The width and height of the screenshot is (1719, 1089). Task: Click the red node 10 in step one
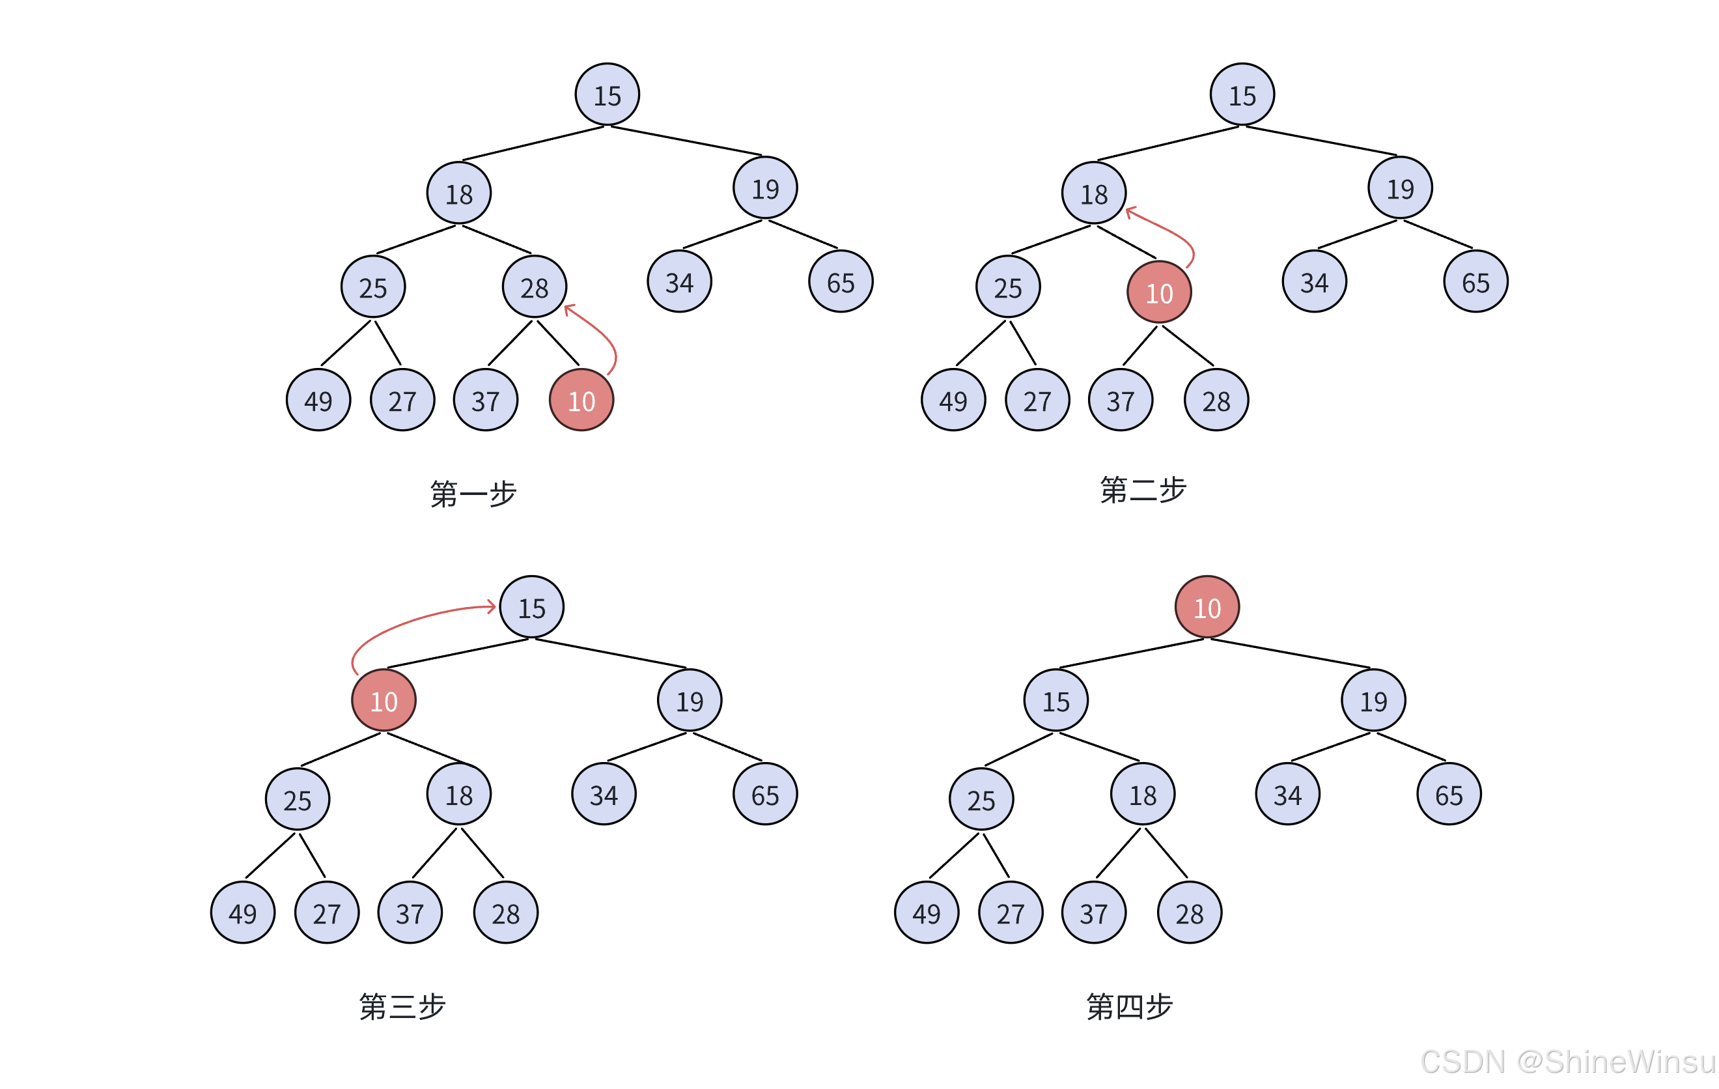coord(581,400)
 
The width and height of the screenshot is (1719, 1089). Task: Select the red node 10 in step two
coord(1158,292)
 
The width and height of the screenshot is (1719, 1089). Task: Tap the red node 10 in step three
coord(384,701)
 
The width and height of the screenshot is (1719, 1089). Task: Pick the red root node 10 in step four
coord(1207,607)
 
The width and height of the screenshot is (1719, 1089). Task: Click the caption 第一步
coord(473,494)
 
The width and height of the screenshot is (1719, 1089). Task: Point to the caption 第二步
coord(1143,490)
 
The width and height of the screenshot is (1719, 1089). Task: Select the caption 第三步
coord(402,1006)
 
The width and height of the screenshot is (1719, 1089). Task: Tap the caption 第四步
coord(1129,1006)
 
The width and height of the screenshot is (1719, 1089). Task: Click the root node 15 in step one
coord(608,94)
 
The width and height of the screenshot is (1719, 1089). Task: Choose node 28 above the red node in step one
coord(535,287)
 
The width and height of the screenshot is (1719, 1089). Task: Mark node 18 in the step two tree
coord(1094,193)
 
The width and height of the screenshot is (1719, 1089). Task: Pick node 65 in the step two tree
coord(1475,282)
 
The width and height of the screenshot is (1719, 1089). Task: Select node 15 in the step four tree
coord(1055,701)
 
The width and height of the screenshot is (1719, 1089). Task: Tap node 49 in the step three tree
coord(243,912)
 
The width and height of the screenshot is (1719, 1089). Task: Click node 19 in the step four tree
coord(1373,701)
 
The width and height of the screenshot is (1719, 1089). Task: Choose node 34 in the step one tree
coord(680,282)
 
